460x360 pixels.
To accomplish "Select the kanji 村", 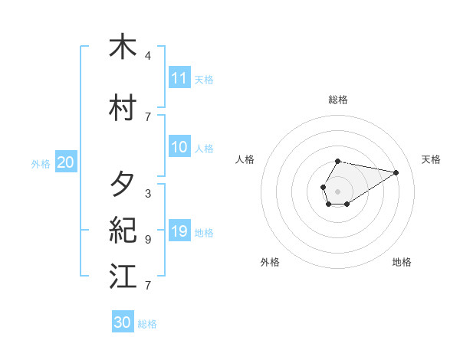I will pyautogui.click(x=123, y=107).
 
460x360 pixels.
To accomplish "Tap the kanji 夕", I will pyautogui.click(x=123, y=185).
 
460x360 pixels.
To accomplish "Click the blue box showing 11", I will pyautogui.click(x=179, y=78).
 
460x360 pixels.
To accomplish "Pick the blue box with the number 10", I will pyautogui.click(x=179, y=147).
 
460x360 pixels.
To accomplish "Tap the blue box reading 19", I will pyautogui.click(x=179, y=231).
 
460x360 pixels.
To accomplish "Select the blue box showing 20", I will pyautogui.click(x=66, y=162).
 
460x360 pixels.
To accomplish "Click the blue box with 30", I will pyautogui.click(x=123, y=322).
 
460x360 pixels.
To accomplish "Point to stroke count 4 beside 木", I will pyautogui.click(x=148, y=56).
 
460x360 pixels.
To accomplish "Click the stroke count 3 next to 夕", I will pyautogui.click(x=148, y=194).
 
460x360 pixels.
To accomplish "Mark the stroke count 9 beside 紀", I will pyautogui.click(x=148, y=240).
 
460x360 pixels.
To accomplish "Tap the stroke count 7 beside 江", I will pyautogui.click(x=148, y=286).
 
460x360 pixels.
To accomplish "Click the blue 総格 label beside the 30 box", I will pyautogui.click(x=147, y=324).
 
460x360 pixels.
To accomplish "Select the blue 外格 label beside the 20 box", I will pyautogui.click(x=41, y=164).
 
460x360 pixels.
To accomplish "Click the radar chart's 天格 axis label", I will pyautogui.click(x=431, y=159).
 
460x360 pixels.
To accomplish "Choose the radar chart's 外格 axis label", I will pyautogui.click(x=270, y=262).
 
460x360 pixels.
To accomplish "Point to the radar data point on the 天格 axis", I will pyautogui.click(x=396, y=172).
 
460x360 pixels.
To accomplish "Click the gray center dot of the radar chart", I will pyautogui.click(x=338, y=191).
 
